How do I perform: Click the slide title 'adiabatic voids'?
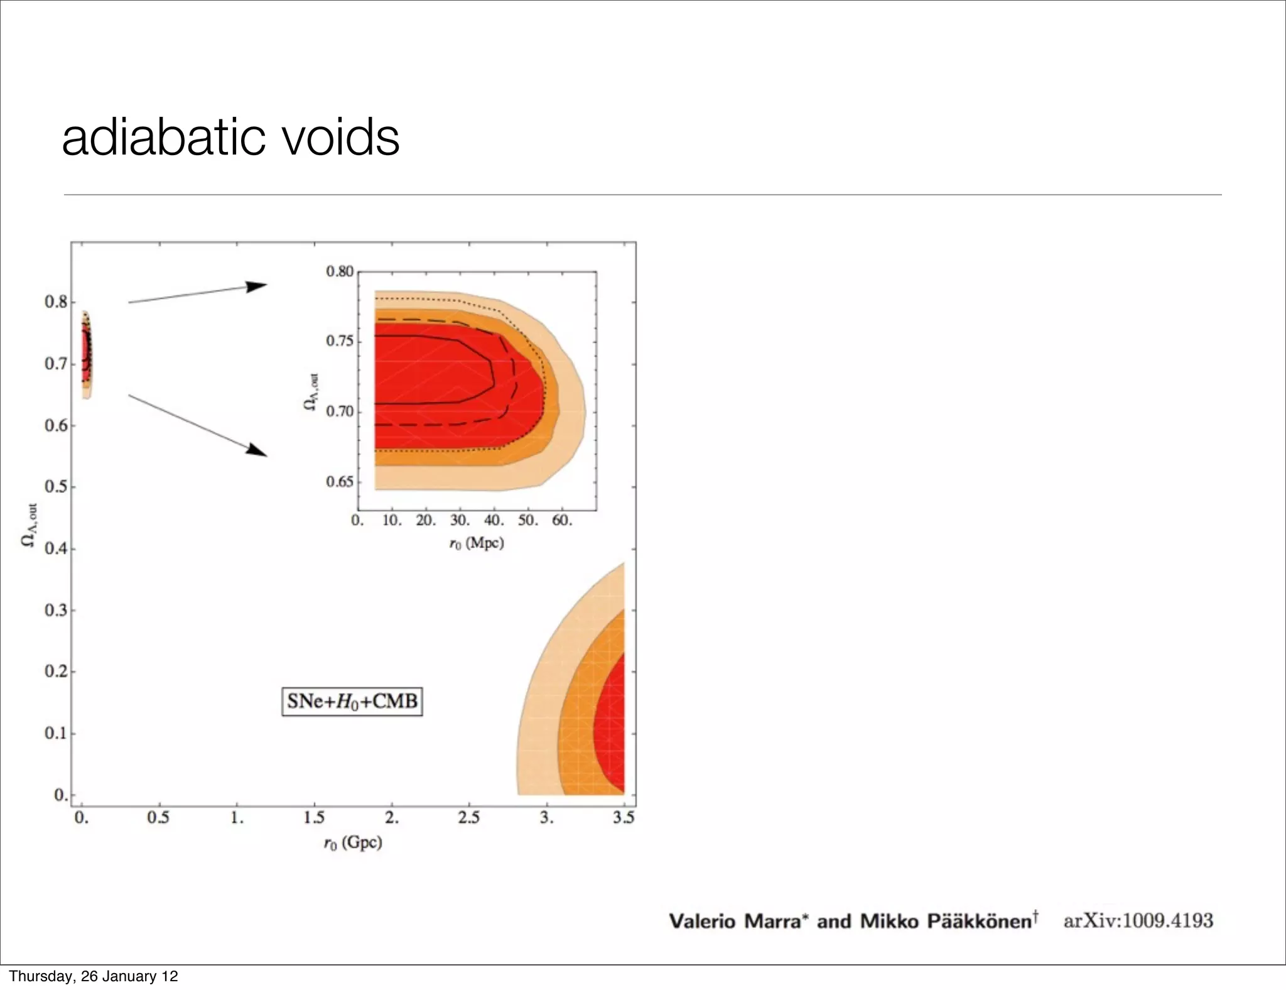pyautogui.click(x=230, y=138)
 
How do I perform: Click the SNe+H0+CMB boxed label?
pyautogui.click(x=352, y=701)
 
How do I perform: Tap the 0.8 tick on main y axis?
pyautogui.click(x=56, y=302)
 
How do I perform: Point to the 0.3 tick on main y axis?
pyautogui.click(x=56, y=610)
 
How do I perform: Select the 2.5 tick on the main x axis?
pyautogui.click(x=468, y=817)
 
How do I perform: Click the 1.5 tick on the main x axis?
pyautogui.click(x=313, y=817)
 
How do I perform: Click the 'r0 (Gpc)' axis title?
pyautogui.click(x=353, y=842)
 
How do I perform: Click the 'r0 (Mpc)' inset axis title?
pyautogui.click(x=476, y=543)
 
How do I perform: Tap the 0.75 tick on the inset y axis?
pyautogui.click(x=339, y=341)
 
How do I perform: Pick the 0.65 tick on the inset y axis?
pyautogui.click(x=339, y=482)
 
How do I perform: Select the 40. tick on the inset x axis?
pyautogui.click(x=494, y=521)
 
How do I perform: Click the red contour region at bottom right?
pyautogui.click(x=611, y=722)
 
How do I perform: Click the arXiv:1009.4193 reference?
pyautogui.click(x=1138, y=921)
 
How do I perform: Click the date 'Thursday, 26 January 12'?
pyautogui.click(x=94, y=976)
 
